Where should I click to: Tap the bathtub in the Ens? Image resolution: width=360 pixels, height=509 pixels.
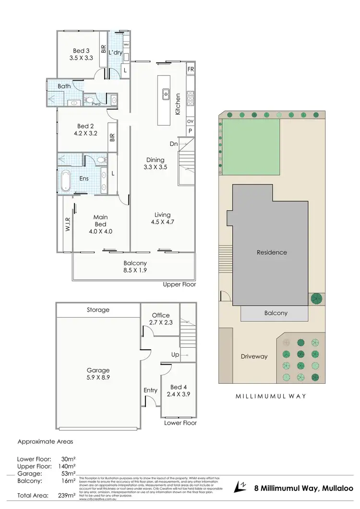coord(68,178)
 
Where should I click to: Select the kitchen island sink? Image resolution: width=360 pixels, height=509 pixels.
coord(165,93)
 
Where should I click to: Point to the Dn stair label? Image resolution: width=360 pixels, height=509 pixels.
coord(174,143)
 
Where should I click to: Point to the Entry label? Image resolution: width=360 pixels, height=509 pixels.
coord(150,390)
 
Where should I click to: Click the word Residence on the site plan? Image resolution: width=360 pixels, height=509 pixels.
coord(272,252)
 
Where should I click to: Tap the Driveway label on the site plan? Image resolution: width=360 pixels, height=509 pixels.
coord(254,356)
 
